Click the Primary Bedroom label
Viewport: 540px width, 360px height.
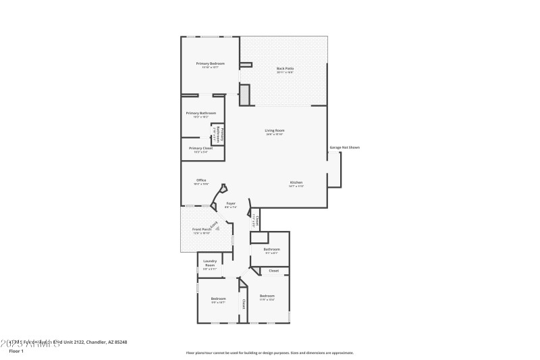pos(210,63)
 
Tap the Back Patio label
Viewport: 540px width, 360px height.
pos(285,68)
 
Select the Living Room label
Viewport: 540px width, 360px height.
pos(275,130)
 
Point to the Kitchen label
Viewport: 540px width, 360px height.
pos(296,183)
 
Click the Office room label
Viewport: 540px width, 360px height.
pos(201,180)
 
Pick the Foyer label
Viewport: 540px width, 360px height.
pos(231,203)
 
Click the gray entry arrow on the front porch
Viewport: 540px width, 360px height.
pos(218,229)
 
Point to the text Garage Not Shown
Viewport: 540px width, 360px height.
pos(344,147)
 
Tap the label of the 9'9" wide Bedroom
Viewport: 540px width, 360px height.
pos(218,299)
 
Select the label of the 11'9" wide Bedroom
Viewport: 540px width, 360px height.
pos(267,296)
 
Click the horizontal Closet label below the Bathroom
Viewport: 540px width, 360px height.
pos(274,271)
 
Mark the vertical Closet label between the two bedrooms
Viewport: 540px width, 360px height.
pos(243,303)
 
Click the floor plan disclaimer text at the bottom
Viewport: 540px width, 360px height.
pos(269,353)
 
